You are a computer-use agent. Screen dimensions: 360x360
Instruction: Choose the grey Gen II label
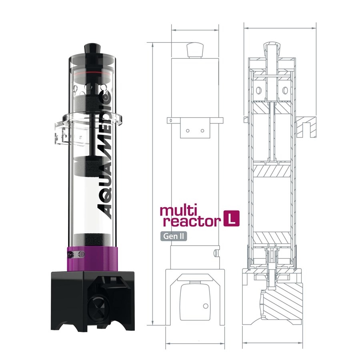click(174, 236)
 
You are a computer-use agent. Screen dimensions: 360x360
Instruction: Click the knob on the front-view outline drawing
click(195, 50)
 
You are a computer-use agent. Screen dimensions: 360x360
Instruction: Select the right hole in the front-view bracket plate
click(202, 130)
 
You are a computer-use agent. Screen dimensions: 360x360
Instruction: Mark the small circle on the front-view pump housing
click(206, 306)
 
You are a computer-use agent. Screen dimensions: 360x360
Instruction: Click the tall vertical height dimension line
click(153, 184)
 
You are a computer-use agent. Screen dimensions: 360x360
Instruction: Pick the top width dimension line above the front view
click(195, 30)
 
